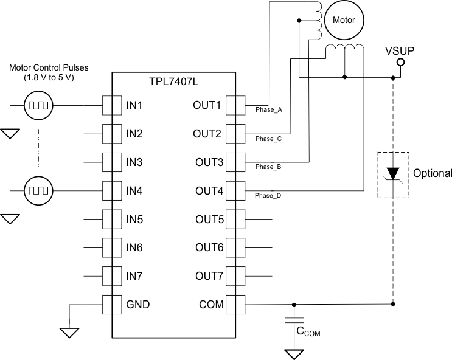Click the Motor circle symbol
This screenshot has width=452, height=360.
pyautogui.click(x=344, y=19)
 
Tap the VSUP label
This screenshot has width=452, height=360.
pyautogui.click(x=400, y=50)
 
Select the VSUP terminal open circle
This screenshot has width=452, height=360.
pyautogui.click(x=400, y=63)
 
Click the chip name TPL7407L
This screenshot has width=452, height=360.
pyautogui.click(x=173, y=81)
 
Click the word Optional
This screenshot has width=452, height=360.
pyautogui.click(x=433, y=173)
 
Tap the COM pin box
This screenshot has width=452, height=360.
pyautogui.click(x=235, y=303)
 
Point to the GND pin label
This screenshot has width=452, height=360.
pyautogui.click(x=137, y=304)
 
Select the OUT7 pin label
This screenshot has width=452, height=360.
pyautogui.click(x=209, y=276)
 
